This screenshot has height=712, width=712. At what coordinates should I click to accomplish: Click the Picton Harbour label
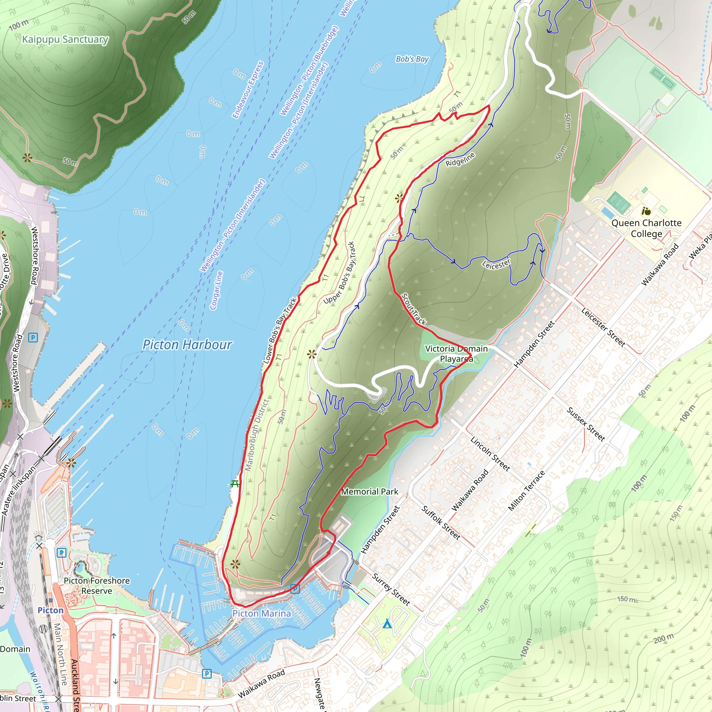(x=187, y=345)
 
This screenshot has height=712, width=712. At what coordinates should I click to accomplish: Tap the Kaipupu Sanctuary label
(x=65, y=39)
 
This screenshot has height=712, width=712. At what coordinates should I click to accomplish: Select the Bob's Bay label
(x=412, y=59)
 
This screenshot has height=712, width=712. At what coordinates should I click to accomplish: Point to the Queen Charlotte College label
(x=646, y=228)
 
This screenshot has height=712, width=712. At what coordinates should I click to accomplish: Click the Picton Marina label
(x=262, y=613)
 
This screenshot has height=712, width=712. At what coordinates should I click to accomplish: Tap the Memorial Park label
(x=370, y=491)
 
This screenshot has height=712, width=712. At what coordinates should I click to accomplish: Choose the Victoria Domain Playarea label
(x=456, y=354)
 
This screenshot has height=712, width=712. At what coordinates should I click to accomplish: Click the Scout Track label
(x=414, y=309)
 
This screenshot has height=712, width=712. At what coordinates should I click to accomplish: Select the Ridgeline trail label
(x=460, y=159)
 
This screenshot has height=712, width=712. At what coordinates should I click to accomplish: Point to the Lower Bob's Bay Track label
(x=280, y=331)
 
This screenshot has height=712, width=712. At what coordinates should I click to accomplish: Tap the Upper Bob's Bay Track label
(x=339, y=273)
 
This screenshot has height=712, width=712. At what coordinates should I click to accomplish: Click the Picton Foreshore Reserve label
(x=97, y=585)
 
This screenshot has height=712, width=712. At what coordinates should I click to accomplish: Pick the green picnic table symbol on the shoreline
(x=235, y=484)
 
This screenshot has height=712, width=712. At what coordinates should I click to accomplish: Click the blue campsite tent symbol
(x=387, y=624)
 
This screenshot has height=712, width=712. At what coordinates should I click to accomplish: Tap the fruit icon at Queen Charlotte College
(x=646, y=211)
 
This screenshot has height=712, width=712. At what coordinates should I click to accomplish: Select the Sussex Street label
(x=585, y=424)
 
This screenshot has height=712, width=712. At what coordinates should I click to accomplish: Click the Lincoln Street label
(x=490, y=454)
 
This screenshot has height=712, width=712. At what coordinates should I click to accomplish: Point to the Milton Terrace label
(x=526, y=491)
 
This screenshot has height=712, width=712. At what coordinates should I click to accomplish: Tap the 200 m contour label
(x=664, y=638)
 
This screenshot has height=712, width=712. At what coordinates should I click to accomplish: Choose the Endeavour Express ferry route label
(x=248, y=90)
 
